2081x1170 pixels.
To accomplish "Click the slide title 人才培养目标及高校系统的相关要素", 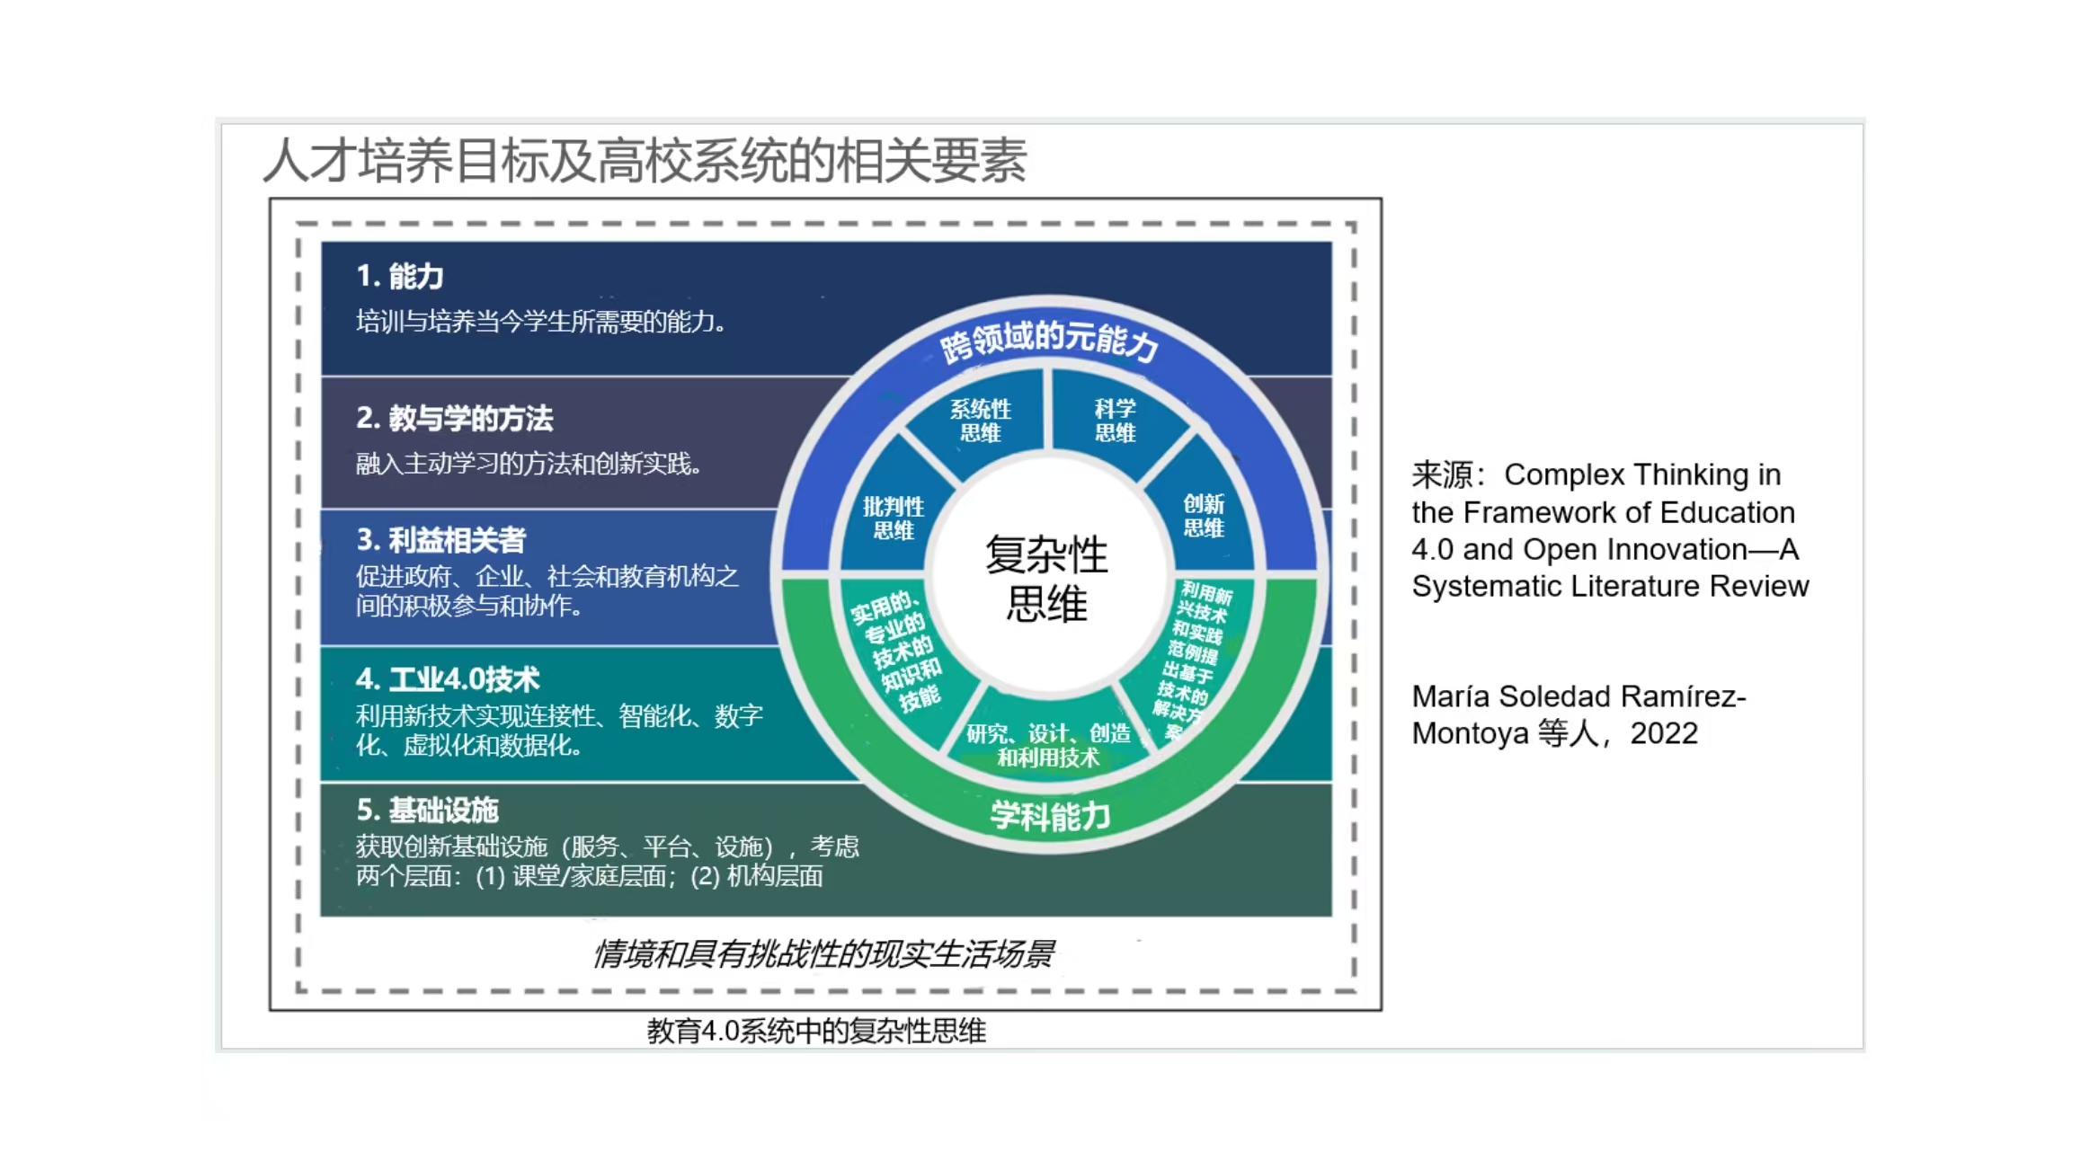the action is click(x=645, y=162).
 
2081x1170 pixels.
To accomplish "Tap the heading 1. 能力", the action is click(x=400, y=276).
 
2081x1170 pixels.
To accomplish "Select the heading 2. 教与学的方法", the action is click(x=454, y=418).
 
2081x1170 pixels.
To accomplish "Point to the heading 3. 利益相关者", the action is click(x=440, y=539).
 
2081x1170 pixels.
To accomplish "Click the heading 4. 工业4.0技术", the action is click(x=448, y=678).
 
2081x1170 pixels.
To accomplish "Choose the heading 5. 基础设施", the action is click(x=427, y=810).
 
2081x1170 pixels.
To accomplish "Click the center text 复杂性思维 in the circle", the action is click(x=1047, y=579).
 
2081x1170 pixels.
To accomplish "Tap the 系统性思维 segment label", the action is click(x=981, y=421).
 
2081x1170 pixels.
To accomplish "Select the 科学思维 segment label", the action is click(x=1116, y=421).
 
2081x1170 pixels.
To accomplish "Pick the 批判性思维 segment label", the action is click(x=894, y=518).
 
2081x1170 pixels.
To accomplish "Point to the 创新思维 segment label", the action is click(x=1204, y=516).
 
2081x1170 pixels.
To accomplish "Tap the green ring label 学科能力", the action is click(x=1050, y=816).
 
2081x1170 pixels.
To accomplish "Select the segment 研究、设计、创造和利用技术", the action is click(x=1048, y=745).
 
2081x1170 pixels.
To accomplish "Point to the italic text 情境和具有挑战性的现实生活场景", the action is click(x=823, y=953).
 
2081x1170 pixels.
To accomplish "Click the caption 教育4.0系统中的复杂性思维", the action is click(x=816, y=1031).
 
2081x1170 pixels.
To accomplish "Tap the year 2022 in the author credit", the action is click(x=1664, y=733).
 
